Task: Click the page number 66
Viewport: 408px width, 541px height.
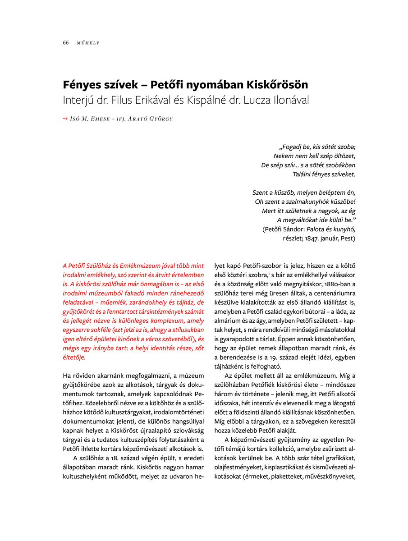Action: (x=65, y=43)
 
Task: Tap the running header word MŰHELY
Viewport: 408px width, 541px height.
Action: (x=88, y=43)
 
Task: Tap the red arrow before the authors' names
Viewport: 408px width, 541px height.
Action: (x=65, y=119)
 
